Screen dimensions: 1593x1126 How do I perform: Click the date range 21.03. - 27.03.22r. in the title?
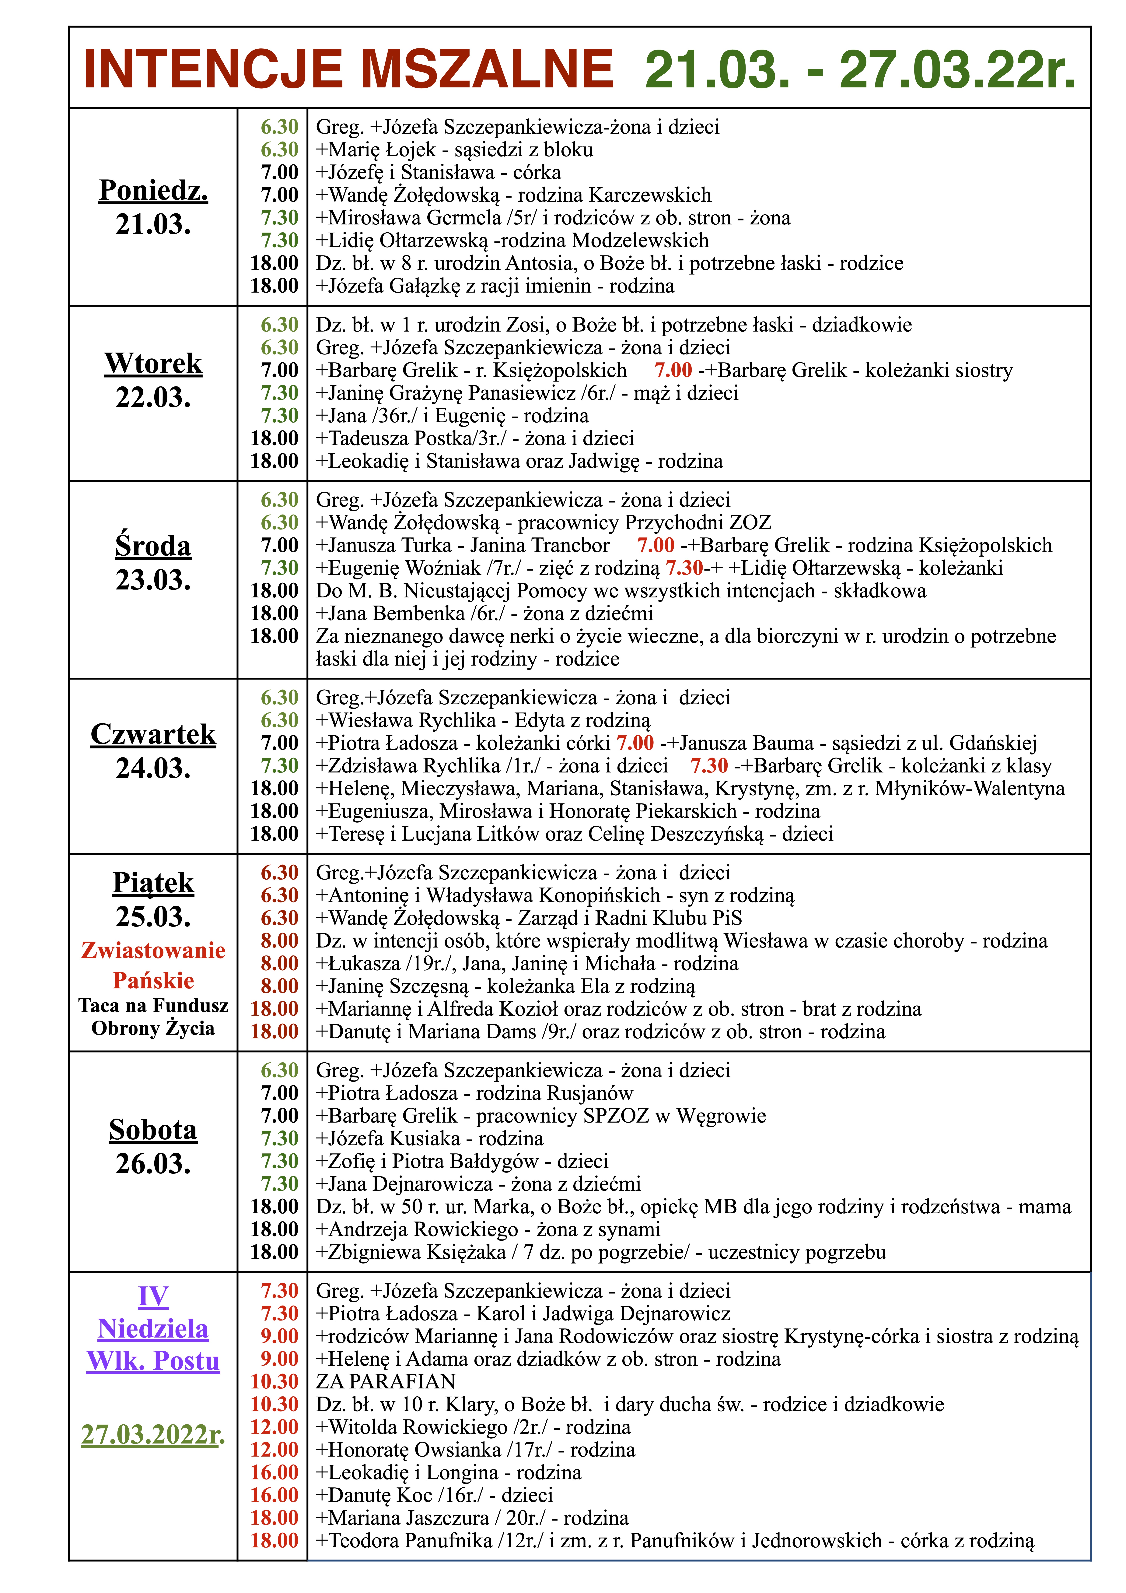coord(860,69)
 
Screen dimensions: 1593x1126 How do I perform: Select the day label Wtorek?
coord(153,364)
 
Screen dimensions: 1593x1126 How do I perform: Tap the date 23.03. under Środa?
coord(153,580)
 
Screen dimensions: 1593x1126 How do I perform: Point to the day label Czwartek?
coord(153,734)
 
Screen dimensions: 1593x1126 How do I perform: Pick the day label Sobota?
coord(153,1130)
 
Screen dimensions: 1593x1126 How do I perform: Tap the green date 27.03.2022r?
coord(153,1434)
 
